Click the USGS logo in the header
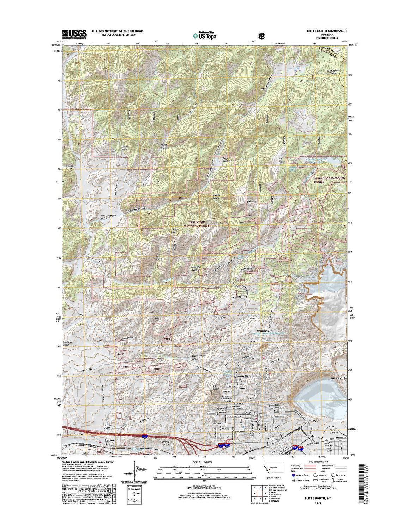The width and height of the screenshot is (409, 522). tap(74, 34)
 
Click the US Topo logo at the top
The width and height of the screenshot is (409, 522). tap(204, 35)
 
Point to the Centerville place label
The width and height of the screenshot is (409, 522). tap(241, 377)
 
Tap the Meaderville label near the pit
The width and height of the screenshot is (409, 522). tap(339, 378)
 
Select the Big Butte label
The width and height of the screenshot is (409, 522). tap(215, 387)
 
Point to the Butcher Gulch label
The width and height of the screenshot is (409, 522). tap(125, 148)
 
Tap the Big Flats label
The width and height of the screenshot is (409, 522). tap(281, 161)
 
